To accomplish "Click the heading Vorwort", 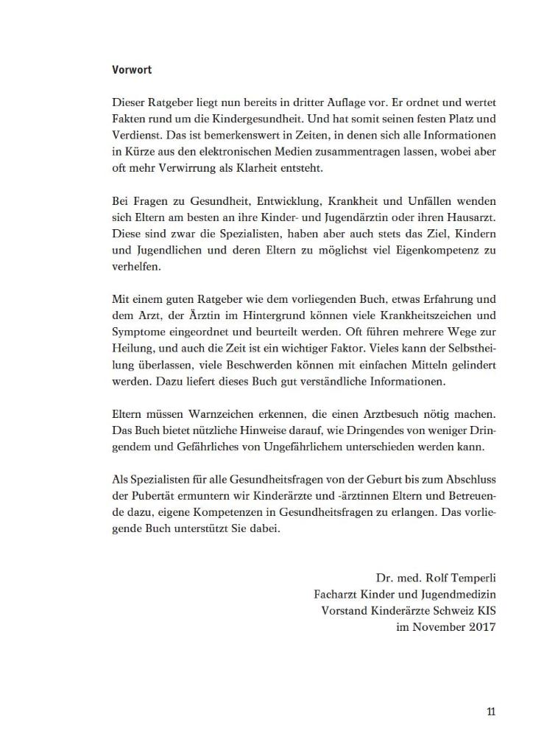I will [132, 71].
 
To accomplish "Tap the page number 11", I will [490, 711].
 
